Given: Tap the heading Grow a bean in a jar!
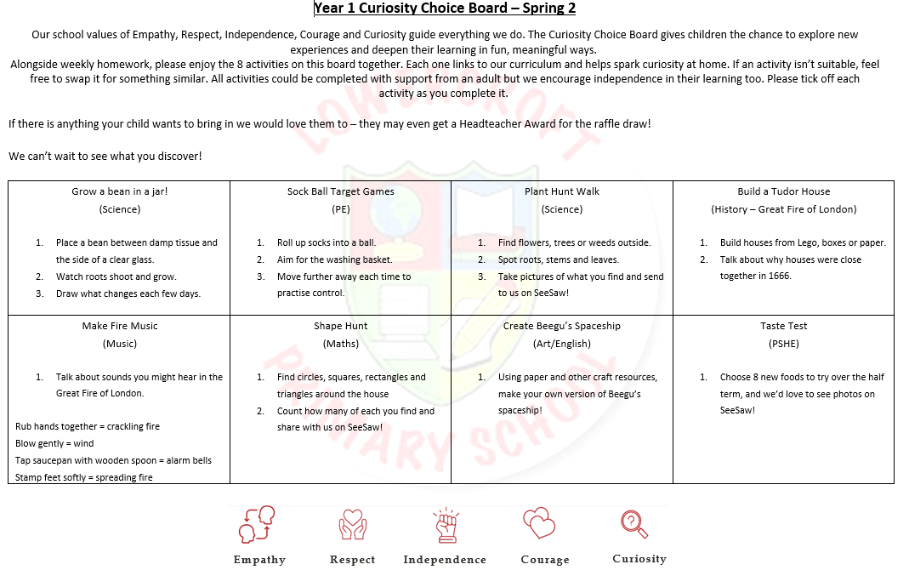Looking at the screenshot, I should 119,191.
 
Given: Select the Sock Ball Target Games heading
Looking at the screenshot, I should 340,191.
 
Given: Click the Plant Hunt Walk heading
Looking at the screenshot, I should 561,191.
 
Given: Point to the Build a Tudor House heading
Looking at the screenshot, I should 783,191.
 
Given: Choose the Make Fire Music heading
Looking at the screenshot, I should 119,326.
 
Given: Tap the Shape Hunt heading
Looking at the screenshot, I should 340,326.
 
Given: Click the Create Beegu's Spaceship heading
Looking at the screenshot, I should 561,326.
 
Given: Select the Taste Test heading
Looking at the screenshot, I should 783,326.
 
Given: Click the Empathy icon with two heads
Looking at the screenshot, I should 258,525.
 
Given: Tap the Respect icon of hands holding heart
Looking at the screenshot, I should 352,525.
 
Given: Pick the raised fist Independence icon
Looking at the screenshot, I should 445,525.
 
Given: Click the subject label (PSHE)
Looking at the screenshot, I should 783,344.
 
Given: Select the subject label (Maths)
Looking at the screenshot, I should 340,344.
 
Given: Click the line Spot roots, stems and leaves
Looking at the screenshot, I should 558,259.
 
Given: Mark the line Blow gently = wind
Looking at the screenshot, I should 54,443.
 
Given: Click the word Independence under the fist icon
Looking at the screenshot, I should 445,560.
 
